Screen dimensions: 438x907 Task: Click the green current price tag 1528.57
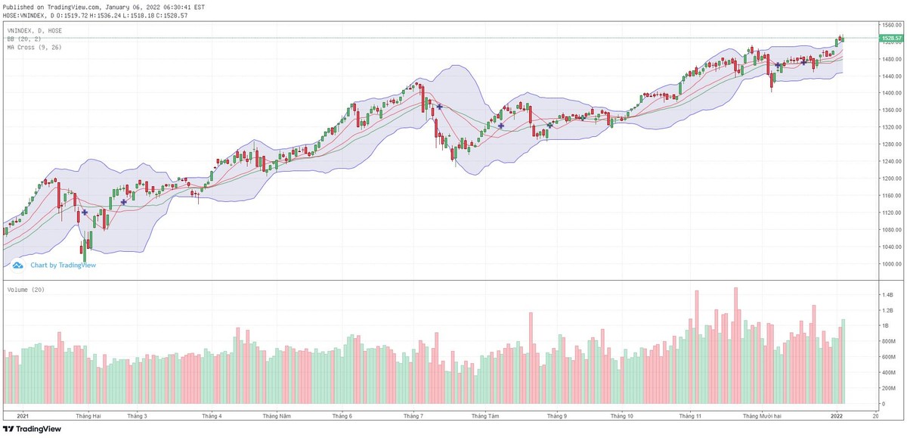892,38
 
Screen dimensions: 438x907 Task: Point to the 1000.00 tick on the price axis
890,264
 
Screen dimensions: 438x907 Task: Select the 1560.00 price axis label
890,24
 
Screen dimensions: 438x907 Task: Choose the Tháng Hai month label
88,416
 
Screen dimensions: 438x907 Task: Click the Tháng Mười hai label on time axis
761,416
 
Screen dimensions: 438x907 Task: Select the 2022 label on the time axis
837,416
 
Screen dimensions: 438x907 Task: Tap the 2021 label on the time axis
23,416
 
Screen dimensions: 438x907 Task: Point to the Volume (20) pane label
23,288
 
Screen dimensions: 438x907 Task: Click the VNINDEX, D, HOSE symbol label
35,30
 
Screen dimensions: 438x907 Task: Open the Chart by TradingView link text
63,266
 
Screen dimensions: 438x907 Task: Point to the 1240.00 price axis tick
890,161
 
